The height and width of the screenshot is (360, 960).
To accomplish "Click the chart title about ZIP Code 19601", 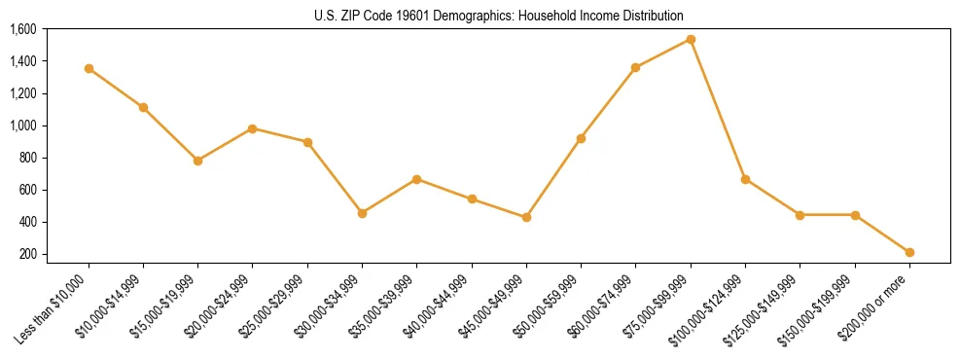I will coord(499,16).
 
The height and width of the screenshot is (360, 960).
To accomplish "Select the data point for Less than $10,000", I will coord(89,68).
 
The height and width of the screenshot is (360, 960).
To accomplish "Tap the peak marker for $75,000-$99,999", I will coord(691,39).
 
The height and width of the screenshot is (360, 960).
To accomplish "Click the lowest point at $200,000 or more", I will coord(909,252).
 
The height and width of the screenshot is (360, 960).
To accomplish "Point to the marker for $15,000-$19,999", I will coord(198,161).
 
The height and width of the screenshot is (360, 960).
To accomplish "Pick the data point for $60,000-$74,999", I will coord(635,67).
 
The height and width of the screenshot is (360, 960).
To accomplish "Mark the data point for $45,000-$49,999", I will coord(526,217).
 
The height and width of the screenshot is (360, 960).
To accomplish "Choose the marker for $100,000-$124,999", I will coord(745,179).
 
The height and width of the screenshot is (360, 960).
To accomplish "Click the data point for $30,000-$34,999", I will coord(362,213).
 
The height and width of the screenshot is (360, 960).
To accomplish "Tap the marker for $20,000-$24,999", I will coord(253,128).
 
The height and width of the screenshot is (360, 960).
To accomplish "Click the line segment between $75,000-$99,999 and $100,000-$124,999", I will coord(718,109).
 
